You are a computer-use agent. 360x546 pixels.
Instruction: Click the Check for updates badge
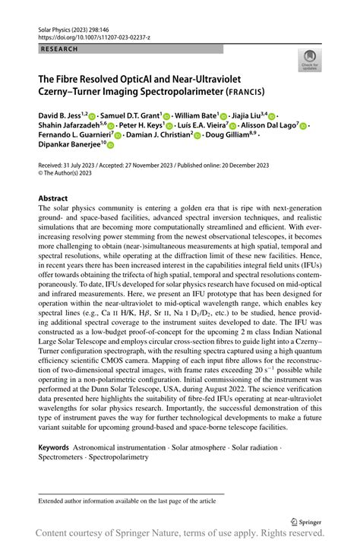(310, 62)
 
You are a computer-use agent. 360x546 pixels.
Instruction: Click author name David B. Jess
(63, 116)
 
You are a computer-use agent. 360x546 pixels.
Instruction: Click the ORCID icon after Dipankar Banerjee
(110, 147)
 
